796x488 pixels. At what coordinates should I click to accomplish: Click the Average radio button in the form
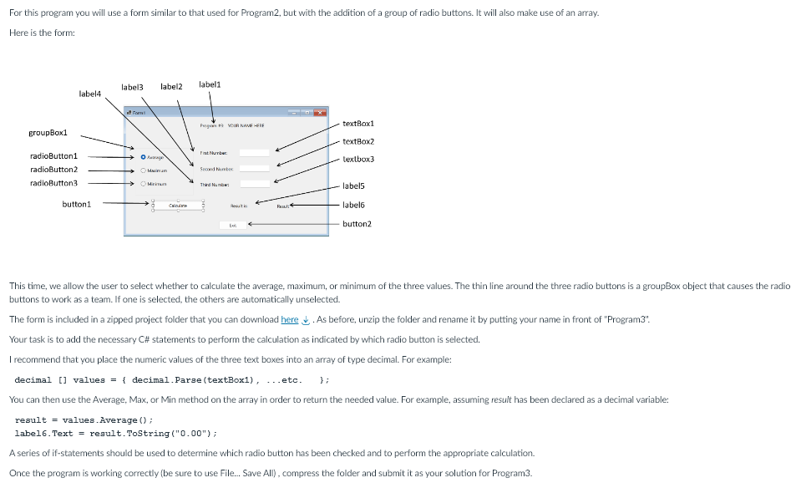[x=144, y=156]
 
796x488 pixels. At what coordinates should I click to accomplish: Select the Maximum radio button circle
[x=144, y=170]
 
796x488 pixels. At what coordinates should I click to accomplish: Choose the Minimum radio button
[x=144, y=184]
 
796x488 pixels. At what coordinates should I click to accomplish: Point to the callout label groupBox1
[x=48, y=133]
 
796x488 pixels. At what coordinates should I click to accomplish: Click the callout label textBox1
[x=357, y=124]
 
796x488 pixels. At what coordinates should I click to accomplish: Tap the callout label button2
[x=357, y=224]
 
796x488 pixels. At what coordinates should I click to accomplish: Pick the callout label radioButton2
[x=53, y=170]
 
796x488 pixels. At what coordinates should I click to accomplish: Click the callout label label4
[x=89, y=94]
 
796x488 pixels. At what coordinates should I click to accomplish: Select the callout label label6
[x=354, y=205]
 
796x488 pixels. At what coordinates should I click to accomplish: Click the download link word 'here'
[x=290, y=319]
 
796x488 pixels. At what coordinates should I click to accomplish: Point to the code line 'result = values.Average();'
[x=84, y=419]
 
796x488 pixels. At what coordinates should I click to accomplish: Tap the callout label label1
[x=210, y=84]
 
